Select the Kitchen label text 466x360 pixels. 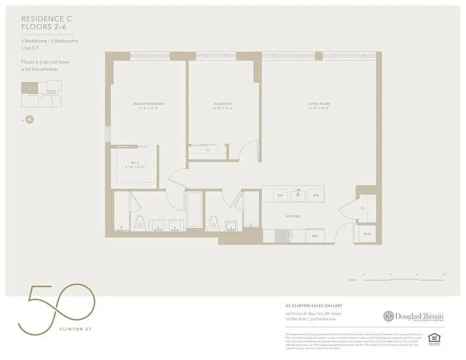tap(293, 216)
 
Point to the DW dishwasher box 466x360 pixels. tap(280, 195)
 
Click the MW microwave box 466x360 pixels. tap(316, 195)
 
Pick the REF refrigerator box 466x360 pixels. tap(315, 235)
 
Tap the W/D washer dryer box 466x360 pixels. tap(367, 234)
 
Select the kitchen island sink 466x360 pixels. tap(298, 195)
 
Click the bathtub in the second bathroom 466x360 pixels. tap(194, 210)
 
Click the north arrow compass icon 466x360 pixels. tap(29, 120)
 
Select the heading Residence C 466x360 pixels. tap(46, 19)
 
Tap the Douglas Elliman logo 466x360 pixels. tap(413, 316)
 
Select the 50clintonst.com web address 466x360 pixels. tap(323, 319)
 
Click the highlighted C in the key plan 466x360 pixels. tap(29, 88)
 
